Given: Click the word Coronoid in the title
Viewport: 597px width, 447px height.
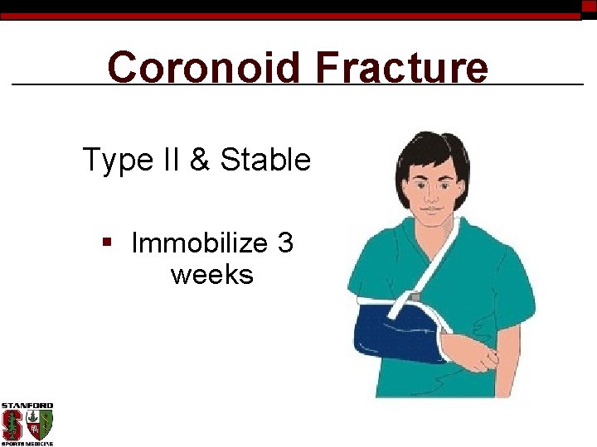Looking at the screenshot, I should [x=203, y=67].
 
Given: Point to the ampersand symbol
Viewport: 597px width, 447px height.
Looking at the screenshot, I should [x=200, y=159].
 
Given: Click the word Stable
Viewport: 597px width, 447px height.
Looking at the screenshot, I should [x=265, y=159].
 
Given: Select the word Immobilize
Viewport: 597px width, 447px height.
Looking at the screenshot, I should [x=199, y=243].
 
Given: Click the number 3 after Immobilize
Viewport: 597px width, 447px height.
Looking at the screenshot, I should [x=285, y=243].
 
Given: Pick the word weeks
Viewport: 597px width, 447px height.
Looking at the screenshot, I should [x=211, y=274].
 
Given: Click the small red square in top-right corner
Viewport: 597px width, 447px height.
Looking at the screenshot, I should [x=589, y=6].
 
